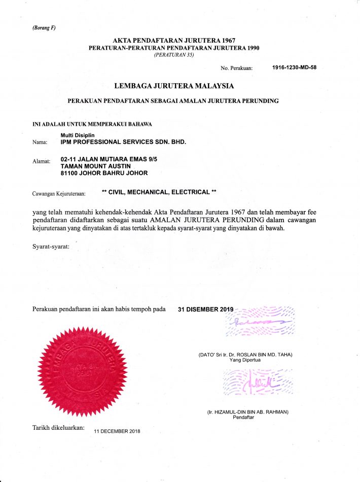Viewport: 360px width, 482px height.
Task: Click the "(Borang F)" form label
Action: pos(44,27)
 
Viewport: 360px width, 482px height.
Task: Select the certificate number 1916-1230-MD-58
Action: pos(294,67)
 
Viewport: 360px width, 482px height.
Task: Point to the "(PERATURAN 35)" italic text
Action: pos(174,54)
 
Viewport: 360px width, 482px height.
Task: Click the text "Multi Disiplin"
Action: pos(75,135)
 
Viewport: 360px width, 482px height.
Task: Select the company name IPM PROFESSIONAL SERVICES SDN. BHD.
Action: pos(123,142)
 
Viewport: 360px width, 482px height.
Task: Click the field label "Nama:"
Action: pos(40,143)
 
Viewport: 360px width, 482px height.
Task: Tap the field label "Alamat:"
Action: pos(41,161)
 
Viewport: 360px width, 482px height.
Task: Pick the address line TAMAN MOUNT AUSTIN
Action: pos(95,166)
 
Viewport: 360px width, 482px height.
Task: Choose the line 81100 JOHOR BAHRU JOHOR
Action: pos(104,173)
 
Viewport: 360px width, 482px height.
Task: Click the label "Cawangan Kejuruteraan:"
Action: pos(59,193)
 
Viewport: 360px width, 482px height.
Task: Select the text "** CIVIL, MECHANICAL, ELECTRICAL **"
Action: pos(159,192)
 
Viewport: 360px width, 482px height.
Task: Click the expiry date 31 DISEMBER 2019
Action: pos(206,309)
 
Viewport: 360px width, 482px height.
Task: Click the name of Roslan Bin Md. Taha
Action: pos(245,354)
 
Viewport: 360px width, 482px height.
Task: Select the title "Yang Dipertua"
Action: pos(245,360)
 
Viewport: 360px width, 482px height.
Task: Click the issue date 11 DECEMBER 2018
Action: pos(117,431)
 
